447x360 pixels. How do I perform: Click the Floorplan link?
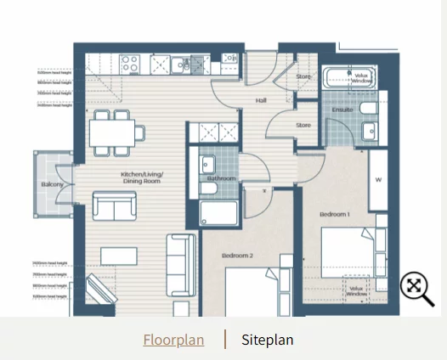[x=173, y=340]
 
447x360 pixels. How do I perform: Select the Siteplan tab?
[x=267, y=340]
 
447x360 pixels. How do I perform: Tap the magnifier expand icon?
[x=416, y=288]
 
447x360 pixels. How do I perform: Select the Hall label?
[x=262, y=100]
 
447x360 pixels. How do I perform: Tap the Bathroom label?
[x=220, y=178]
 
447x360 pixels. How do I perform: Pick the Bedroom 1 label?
[x=334, y=215]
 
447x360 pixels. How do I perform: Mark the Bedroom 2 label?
[x=238, y=255]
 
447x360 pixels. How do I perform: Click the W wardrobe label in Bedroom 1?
[x=378, y=179]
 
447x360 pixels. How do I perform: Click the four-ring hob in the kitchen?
[x=131, y=63]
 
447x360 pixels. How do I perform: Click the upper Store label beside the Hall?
[x=303, y=77]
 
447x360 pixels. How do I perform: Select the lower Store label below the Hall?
[x=303, y=126]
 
